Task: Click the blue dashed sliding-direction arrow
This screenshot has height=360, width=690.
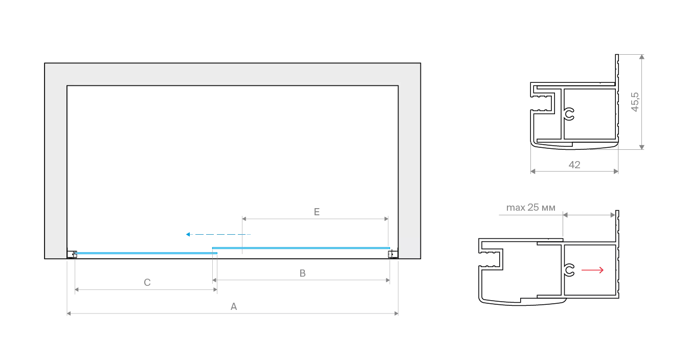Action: click(219, 234)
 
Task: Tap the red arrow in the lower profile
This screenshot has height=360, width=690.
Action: click(593, 270)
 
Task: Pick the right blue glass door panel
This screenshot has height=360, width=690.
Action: click(302, 249)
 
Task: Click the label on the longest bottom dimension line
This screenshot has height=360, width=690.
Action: click(233, 307)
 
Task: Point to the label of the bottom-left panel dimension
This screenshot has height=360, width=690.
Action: click(147, 282)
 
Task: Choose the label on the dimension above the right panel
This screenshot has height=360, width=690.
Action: click(317, 210)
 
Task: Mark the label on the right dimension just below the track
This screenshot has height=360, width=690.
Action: click(302, 273)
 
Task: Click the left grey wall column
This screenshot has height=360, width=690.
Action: click(55, 169)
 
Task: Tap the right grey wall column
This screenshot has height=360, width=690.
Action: click(409, 169)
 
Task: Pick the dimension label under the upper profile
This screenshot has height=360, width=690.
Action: click(575, 164)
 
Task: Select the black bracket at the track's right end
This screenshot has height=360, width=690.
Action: click(392, 253)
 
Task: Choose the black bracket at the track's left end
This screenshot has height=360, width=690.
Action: click(72, 253)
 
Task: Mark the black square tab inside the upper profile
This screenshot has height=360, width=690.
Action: click(570, 114)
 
